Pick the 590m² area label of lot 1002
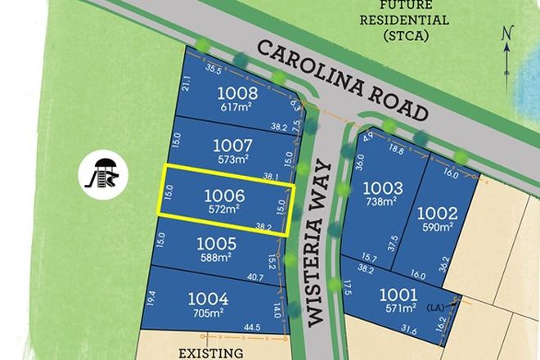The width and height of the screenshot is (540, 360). point(439,227)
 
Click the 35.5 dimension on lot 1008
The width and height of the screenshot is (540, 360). point(215,70)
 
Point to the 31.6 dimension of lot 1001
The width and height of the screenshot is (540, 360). point(410,331)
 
